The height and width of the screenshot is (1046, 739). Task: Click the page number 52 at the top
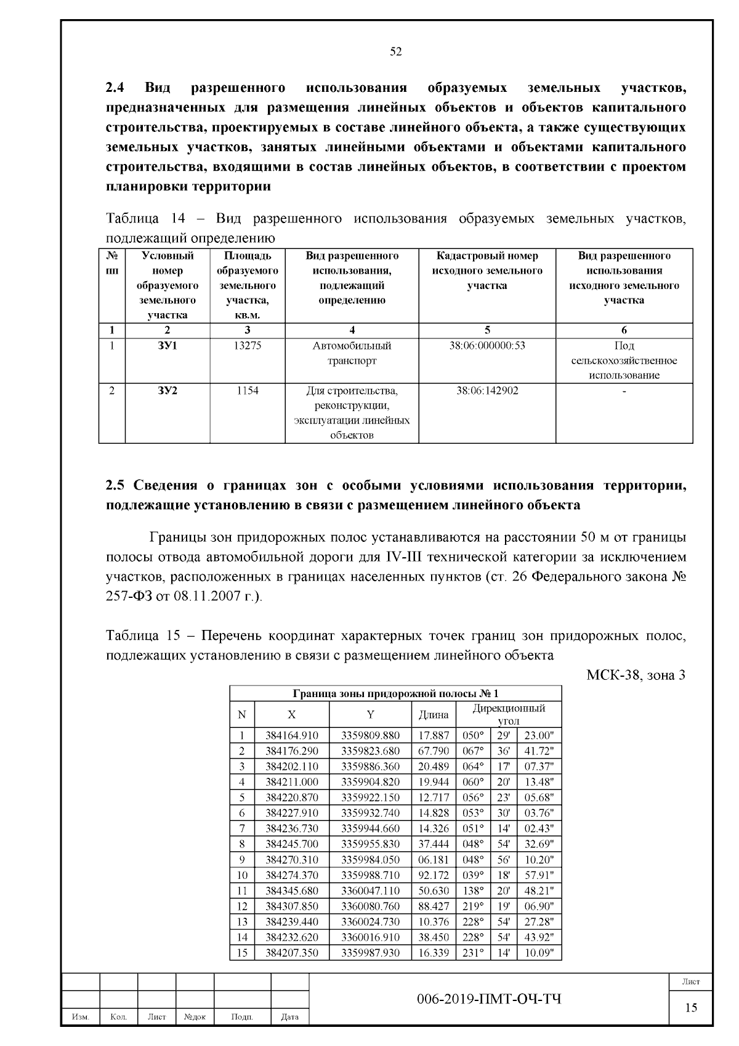(396, 52)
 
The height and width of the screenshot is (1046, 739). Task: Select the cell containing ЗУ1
(167, 346)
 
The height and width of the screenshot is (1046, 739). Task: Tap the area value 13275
(247, 346)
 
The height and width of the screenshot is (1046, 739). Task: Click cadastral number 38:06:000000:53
(487, 346)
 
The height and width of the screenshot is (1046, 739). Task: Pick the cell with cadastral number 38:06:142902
(487, 391)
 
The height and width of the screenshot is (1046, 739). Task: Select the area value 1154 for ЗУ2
(247, 391)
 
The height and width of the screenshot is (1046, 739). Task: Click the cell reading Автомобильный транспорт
(352, 353)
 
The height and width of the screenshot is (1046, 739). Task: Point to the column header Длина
(434, 715)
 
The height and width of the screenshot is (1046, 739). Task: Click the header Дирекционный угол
(509, 714)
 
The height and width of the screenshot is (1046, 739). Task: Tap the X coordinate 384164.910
(292, 735)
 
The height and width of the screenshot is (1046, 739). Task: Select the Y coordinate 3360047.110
(370, 891)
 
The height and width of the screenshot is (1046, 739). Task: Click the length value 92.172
(434, 875)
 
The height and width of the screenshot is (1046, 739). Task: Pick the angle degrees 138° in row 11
(473, 891)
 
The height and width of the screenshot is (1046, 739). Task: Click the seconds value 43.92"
(539, 938)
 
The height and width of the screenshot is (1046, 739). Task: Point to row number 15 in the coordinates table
(242, 953)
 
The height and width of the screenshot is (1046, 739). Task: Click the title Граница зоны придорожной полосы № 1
(395, 693)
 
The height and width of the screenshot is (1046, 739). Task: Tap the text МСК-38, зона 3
(636, 675)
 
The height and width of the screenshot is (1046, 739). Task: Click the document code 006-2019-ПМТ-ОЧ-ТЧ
(489, 999)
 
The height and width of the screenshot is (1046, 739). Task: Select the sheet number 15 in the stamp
(691, 1008)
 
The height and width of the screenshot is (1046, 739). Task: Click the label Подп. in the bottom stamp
(242, 1017)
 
